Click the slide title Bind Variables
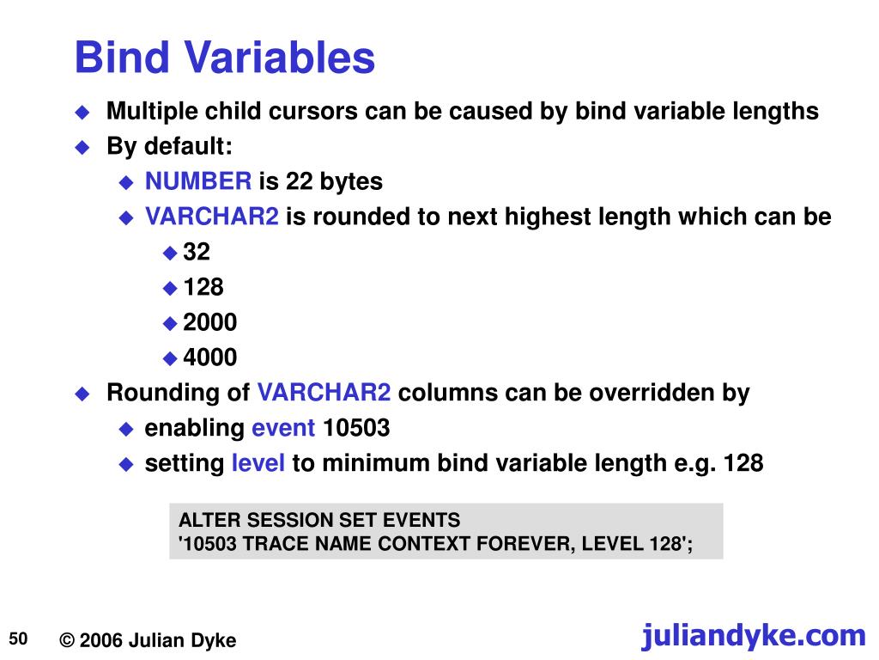[x=224, y=58]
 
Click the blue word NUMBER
[x=198, y=181]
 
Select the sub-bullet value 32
[x=196, y=252]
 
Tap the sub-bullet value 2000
[x=209, y=322]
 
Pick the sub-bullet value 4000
[x=209, y=357]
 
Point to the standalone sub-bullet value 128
[x=203, y=287]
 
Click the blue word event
[x=283, y=428]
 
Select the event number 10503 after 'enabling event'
[x=356, y=428]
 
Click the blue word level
[x=258, y=463]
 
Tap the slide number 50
[x=19, y=638]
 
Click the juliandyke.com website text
[x=753, y=636]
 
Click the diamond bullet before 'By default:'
[x=82, y=147]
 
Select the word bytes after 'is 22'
[x=352, y=181]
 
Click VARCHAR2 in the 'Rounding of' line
[x=324, y=393]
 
